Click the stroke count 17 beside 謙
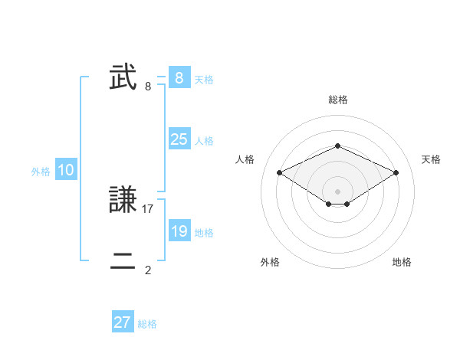click(149, 208)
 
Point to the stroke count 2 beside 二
click(148, 270)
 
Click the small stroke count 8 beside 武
click(148, 86)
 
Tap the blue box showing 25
click(179, 139)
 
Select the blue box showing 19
click(179, 231)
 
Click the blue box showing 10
click(66, 171)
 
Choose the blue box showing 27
click(123, 322)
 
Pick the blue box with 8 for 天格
click(179, 78)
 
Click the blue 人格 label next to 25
click(204, 141)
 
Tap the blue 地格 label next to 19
click(204, 233)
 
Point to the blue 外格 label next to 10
click(41, 172)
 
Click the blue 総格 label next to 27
click(147, 324)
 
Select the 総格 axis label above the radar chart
click(337, 100)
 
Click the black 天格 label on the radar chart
click(431, 159)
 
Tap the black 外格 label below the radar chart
click(270, 262)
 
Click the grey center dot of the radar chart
click(337, 191)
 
